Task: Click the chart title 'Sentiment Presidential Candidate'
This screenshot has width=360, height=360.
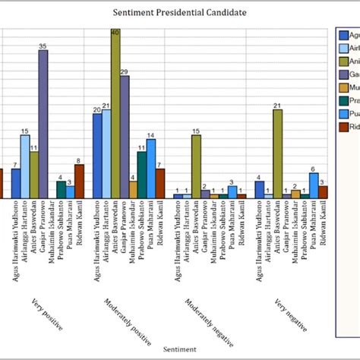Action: point(179,13)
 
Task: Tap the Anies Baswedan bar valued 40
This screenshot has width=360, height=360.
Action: point(115,114)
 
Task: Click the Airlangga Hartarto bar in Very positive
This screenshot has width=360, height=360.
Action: point(25,166)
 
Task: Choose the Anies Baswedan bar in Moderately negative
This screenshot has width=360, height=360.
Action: point(196,166)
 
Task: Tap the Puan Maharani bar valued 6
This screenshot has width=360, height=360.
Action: point(314,185)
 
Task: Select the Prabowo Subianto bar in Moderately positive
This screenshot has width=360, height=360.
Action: point(142,175)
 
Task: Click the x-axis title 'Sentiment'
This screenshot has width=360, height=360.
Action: point(180,350)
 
